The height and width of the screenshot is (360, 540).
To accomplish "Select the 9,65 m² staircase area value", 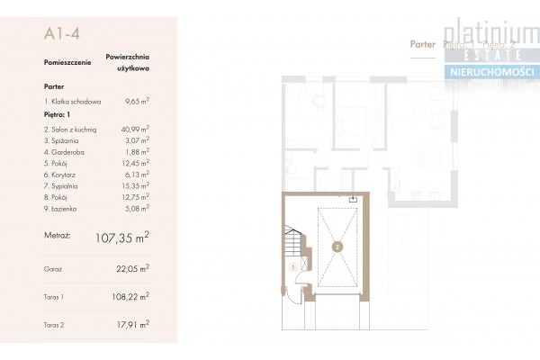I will point(137,103).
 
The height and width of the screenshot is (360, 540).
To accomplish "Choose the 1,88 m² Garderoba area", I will point(137,151).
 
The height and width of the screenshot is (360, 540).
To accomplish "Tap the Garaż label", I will point(52,268).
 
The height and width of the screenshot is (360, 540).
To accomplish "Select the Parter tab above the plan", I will point(422,43).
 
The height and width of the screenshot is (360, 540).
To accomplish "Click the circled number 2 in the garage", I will point(336,245).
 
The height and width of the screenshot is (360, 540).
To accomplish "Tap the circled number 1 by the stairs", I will point(293,266).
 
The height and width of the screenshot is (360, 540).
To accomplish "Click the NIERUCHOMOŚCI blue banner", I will point(490,71).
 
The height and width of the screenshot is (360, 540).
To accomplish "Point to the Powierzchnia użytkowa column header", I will point(127,61).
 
